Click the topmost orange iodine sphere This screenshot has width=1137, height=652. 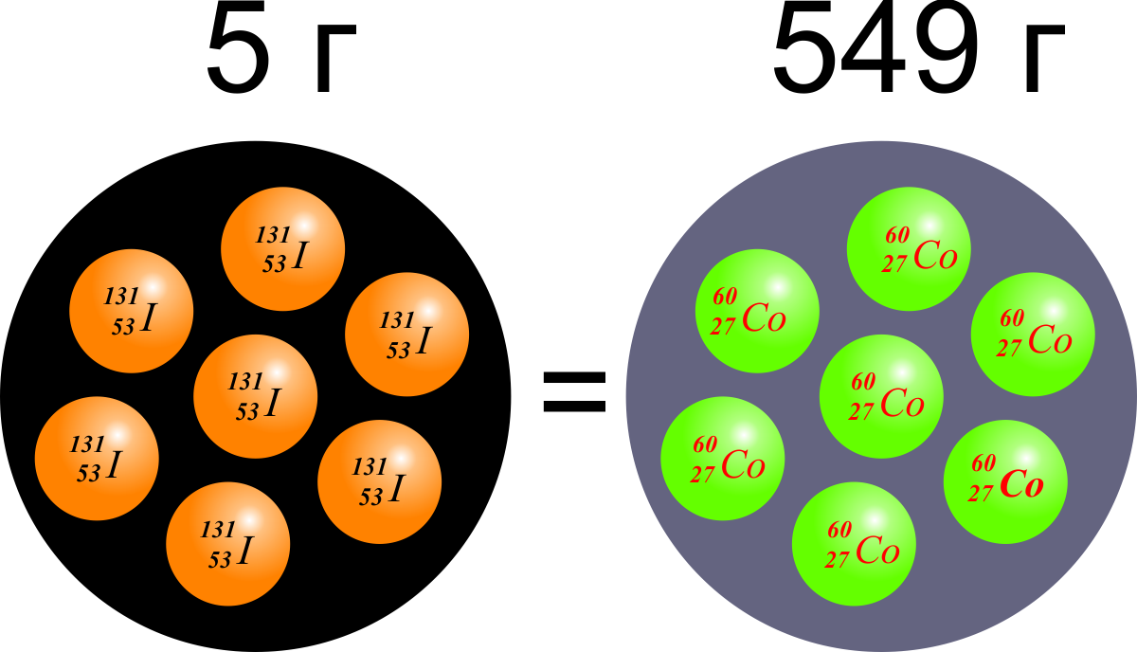[x=282, y=248]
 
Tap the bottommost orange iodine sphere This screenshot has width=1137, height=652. [x=227, y=543]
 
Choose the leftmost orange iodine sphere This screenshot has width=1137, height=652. [x=96, y=459]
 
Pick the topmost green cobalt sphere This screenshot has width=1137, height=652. [x=908, y=248]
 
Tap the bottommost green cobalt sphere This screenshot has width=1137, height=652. [x=853, y=543]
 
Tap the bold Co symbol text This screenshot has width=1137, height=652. [x=1022, y=486]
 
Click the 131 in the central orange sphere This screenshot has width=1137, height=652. [x=245, y=381]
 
